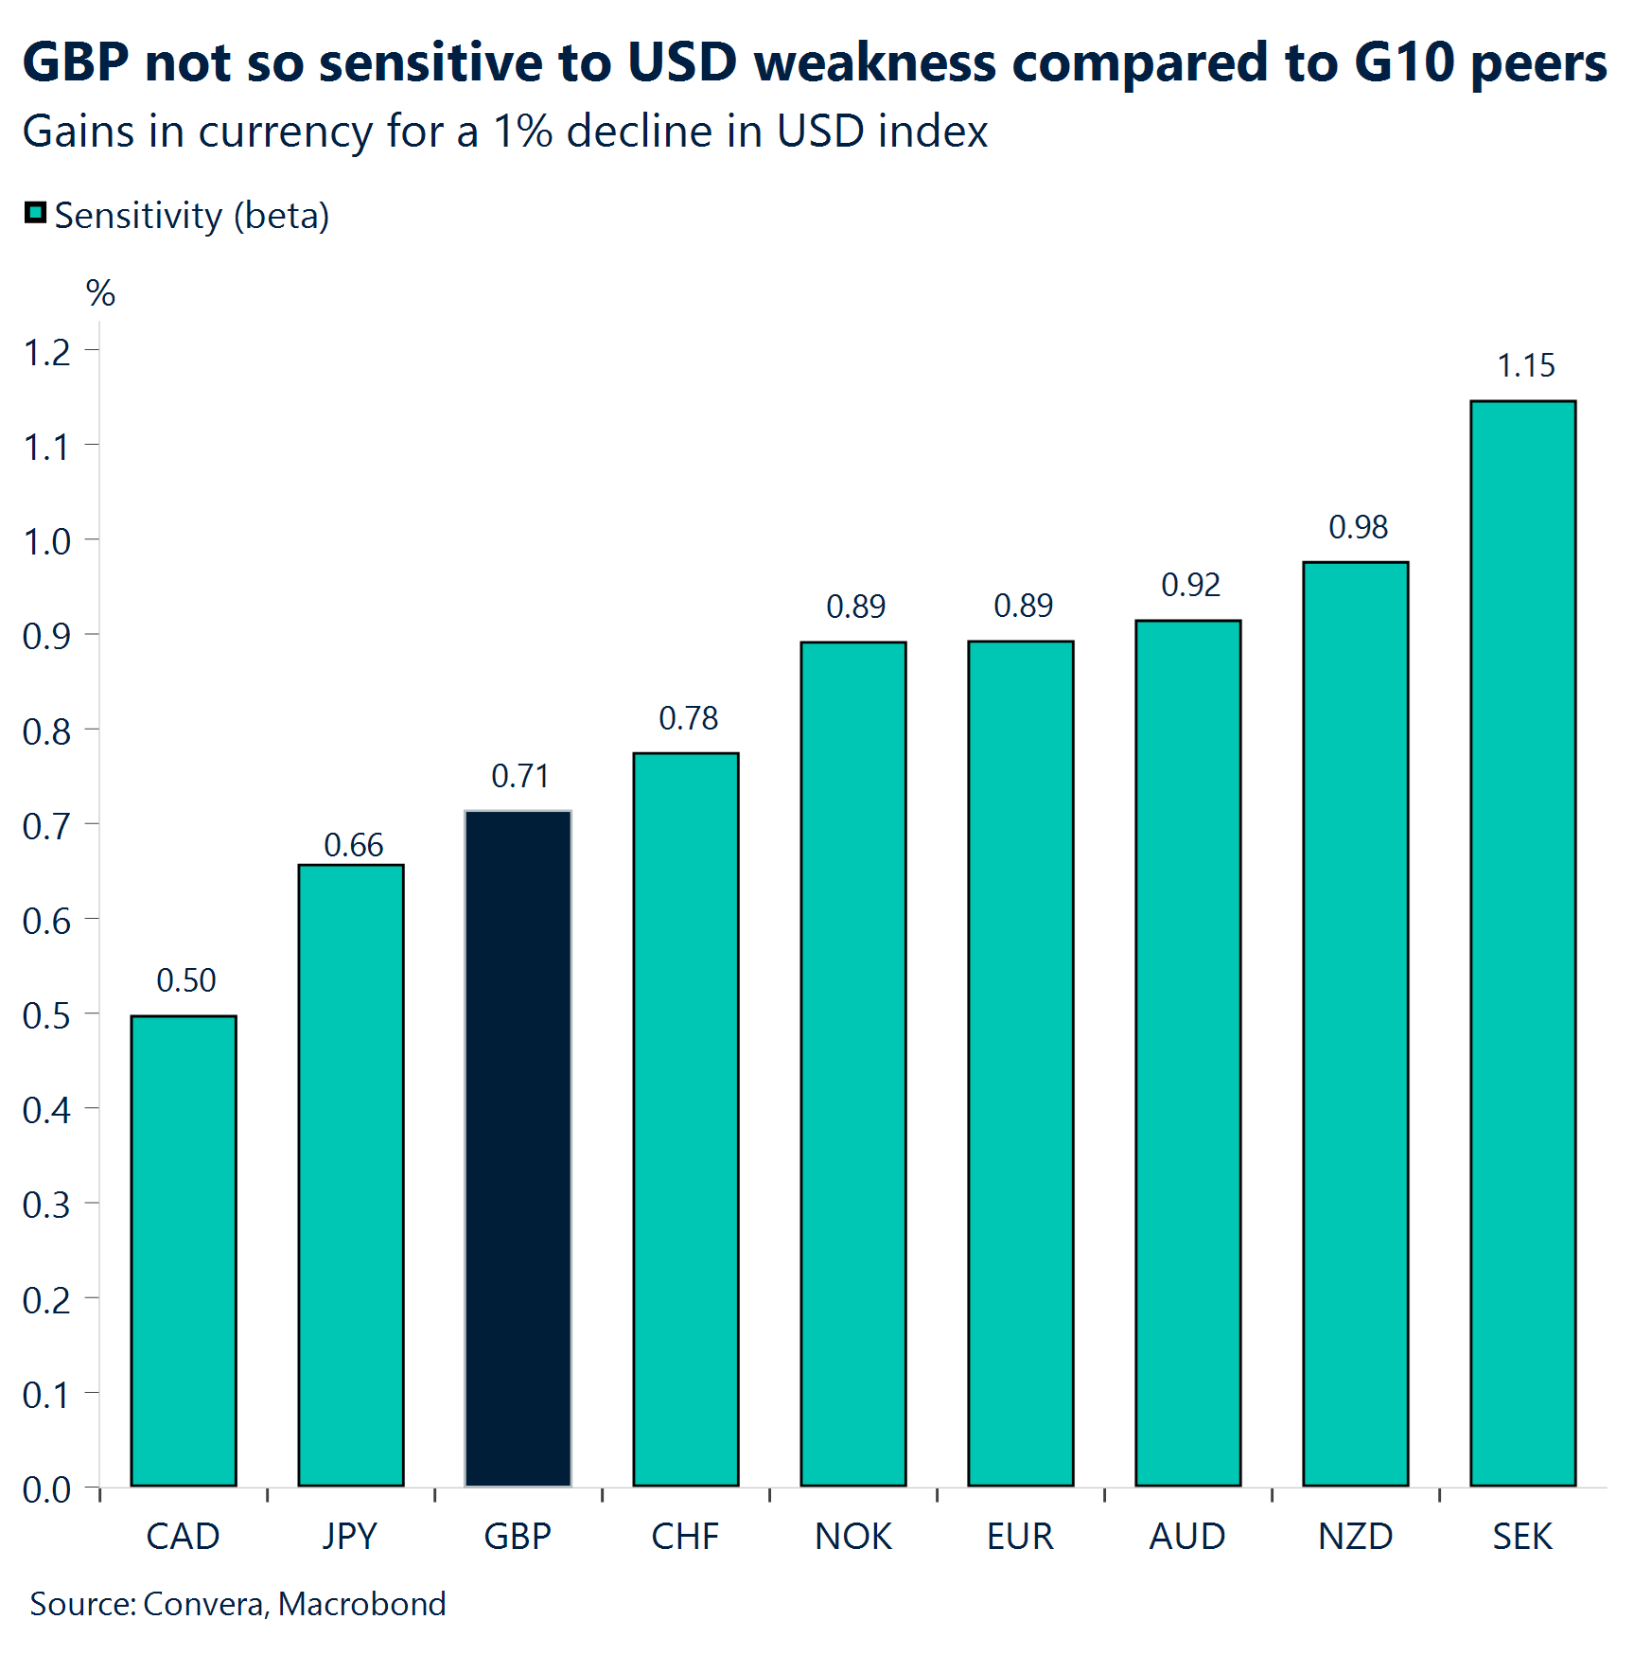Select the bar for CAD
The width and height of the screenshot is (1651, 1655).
pyautogui.click(x=184, y=1249)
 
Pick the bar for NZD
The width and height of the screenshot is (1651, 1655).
pyautogui.click(x=1355, y=1023)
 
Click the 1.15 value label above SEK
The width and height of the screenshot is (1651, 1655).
pyautogui.click(x=1525, y=365)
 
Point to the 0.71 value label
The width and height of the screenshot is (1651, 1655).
pyautogui.click(x=519, y=776)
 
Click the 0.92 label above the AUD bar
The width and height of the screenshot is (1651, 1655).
pyautogui.click(x=1190, y=585)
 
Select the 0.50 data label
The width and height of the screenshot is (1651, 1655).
pyautogui.click(x=185, y=980)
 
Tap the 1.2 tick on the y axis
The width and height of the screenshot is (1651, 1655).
pyautogui.click(x=46, y=353)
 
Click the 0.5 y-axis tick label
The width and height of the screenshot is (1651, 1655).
pyautogui.click(x=46, y=1015)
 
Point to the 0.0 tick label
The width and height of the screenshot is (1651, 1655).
pyautogui.click(x=46, y=1489)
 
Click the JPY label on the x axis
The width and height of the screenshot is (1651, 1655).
pyautogui.click(x=349, y=1537)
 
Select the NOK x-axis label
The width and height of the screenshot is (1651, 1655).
pyautogui.click(x=852, y=1537)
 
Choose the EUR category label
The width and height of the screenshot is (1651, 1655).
pyautogui.click(x=1020, y=1537)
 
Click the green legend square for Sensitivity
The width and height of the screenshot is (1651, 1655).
pyautogui.click(x=35, y=213)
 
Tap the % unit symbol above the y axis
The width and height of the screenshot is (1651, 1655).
pyautogui.click(x=100, y=293)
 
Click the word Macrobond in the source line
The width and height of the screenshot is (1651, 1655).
pyautogui.click(x=361, y=1604)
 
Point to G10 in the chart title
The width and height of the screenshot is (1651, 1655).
pyautogui.click(x=1404, y=62)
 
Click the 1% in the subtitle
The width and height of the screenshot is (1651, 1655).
pyautogui.click(x=522, y=131)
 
